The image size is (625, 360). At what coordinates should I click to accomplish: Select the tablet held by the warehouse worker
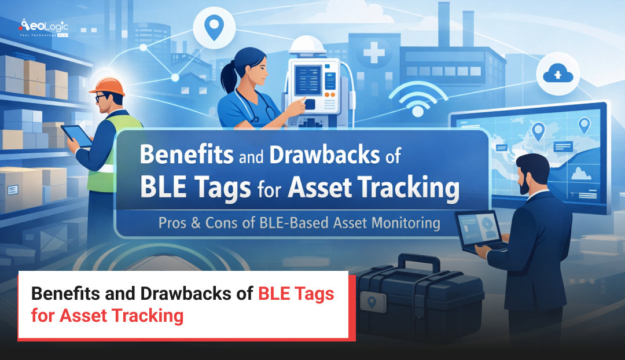tap(80, 136)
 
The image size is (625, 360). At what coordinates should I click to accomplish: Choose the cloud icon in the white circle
tap(554, 74)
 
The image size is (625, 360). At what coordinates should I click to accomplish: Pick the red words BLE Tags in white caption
tap(296, 293)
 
